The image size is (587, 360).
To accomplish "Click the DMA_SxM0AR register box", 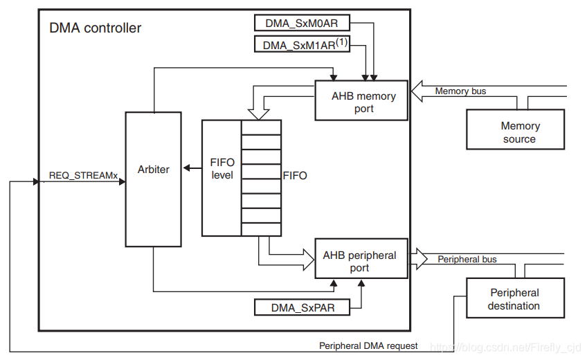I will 302,23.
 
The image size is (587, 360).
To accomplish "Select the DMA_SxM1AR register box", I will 302,45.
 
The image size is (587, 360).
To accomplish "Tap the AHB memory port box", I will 361,102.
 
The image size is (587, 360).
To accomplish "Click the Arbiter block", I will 153,170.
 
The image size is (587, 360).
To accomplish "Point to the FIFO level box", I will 222,170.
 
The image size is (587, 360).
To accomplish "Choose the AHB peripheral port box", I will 361,261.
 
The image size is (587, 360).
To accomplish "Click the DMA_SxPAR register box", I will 302,307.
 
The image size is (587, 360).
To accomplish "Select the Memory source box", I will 515,132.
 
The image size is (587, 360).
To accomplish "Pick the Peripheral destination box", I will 515,299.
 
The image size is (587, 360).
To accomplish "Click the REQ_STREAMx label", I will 83,175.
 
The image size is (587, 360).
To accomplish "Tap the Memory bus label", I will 460,91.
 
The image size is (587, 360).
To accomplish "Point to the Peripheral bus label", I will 467,260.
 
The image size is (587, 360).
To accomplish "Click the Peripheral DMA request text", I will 368,345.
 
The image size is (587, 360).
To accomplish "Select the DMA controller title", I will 95,28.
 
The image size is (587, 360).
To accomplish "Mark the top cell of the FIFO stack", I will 261,127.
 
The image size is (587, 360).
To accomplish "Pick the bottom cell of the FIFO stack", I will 261,229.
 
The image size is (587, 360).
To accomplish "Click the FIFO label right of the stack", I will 295,176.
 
